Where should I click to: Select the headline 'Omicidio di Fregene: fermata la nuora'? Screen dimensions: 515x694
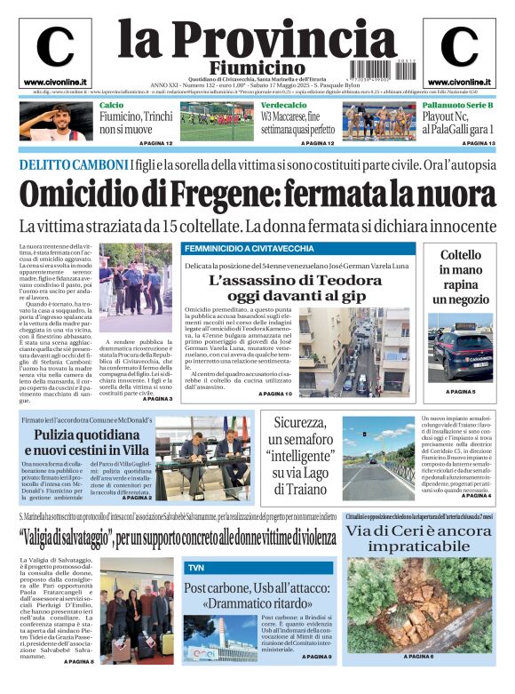click(x=257, y=195)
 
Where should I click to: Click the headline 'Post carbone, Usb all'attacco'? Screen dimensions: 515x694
click(x=257, y=595)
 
